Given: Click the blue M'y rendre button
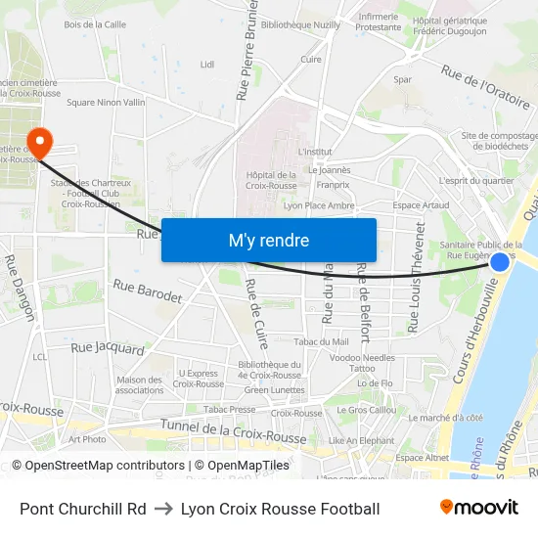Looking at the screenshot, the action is coord(268,240).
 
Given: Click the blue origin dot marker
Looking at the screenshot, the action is coord(499,261).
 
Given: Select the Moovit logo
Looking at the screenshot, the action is coord(478,508).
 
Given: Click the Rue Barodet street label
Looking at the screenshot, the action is coord(147,291).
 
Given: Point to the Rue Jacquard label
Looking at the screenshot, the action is coord(108,347).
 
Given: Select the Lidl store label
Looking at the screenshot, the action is coord(206,65).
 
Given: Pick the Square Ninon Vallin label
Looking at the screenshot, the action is coord(106,102).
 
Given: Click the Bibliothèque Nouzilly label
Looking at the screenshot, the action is coord(300,24).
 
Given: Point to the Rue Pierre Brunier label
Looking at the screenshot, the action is coord(245,61).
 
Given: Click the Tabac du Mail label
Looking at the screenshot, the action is coord(321,341).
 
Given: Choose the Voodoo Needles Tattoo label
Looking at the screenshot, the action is coord(362,363).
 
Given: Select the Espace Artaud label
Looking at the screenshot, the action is coord(421,204).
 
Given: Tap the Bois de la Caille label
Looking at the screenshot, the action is coord(95,24).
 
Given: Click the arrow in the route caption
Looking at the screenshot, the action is coord(163,509).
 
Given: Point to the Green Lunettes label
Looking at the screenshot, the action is coord(274,389).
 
